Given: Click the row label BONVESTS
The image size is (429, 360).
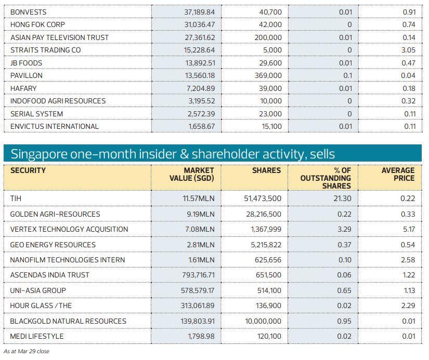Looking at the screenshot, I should [x=28, y=11].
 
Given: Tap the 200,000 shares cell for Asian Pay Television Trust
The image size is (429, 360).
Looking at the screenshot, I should [x=268, y=37].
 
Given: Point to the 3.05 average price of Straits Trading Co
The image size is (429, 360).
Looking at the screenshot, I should [x=409, y=50].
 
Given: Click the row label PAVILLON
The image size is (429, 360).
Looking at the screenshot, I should [x=26, y=75].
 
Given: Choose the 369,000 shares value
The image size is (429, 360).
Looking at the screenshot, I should [x=268, y=75].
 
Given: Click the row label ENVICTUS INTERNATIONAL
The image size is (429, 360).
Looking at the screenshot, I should [x=54, y=126].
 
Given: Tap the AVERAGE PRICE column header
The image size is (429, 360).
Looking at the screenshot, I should [x=398, y=175].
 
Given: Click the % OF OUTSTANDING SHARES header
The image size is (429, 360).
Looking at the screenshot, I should [x=326, y=178].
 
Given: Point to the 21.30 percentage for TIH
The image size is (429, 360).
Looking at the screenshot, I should [x=343, y=198].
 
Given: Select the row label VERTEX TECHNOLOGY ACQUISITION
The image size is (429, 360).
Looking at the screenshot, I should [x=69, y=229].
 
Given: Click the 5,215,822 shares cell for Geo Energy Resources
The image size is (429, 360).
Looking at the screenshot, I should [x=263, y=245].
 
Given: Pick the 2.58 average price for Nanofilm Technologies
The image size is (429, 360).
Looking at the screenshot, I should [x=408, y=260].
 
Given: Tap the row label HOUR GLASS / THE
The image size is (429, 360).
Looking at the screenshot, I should [x=41, y=305].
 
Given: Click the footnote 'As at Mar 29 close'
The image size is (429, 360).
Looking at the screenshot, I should [x=27, y=352].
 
